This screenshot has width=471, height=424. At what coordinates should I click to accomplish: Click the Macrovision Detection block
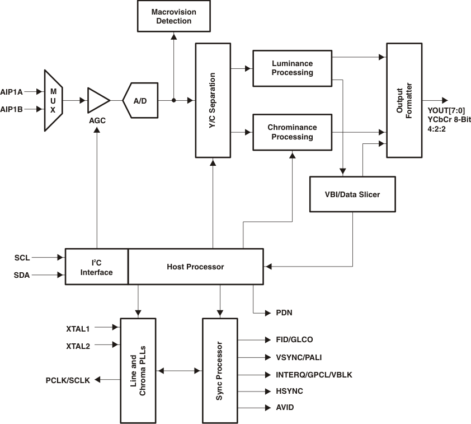point(173,16)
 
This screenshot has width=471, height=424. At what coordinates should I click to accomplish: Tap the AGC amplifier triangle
point(98,100)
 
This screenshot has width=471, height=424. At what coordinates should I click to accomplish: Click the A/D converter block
point(140,100)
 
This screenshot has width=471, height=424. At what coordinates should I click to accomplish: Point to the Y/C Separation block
point(212,100)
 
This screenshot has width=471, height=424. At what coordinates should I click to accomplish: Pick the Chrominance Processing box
point(292,132)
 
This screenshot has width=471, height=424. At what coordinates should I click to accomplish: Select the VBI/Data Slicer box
point(352,194)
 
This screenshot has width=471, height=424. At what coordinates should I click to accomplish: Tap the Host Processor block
point(195,267)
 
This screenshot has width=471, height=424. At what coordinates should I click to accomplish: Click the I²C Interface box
point(97,267)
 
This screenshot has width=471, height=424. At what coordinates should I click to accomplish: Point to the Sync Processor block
point(220,370)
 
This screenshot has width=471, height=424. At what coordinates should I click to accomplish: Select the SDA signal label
point(22,275)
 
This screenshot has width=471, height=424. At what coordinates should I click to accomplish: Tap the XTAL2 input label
point(78,346)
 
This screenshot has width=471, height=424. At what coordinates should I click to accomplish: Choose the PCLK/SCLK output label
point(68,380)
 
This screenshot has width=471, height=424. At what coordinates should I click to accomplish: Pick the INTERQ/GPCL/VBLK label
point(314,374)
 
